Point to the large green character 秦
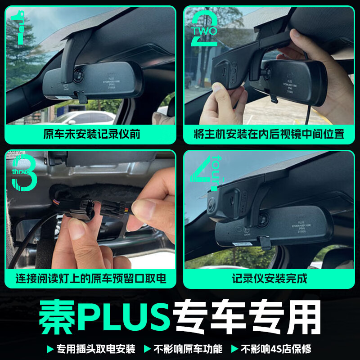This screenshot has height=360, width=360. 57,317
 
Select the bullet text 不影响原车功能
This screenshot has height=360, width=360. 188,349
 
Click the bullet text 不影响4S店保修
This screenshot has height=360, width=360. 275,349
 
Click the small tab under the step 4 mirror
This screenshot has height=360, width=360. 264,243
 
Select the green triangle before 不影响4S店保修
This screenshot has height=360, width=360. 234,349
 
